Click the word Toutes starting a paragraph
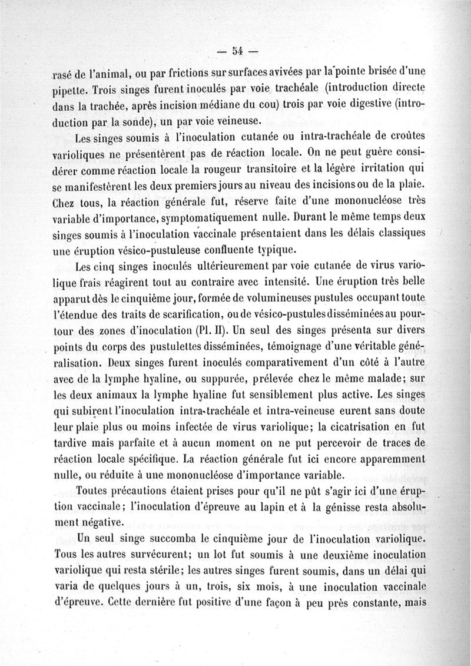coord(101,491)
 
